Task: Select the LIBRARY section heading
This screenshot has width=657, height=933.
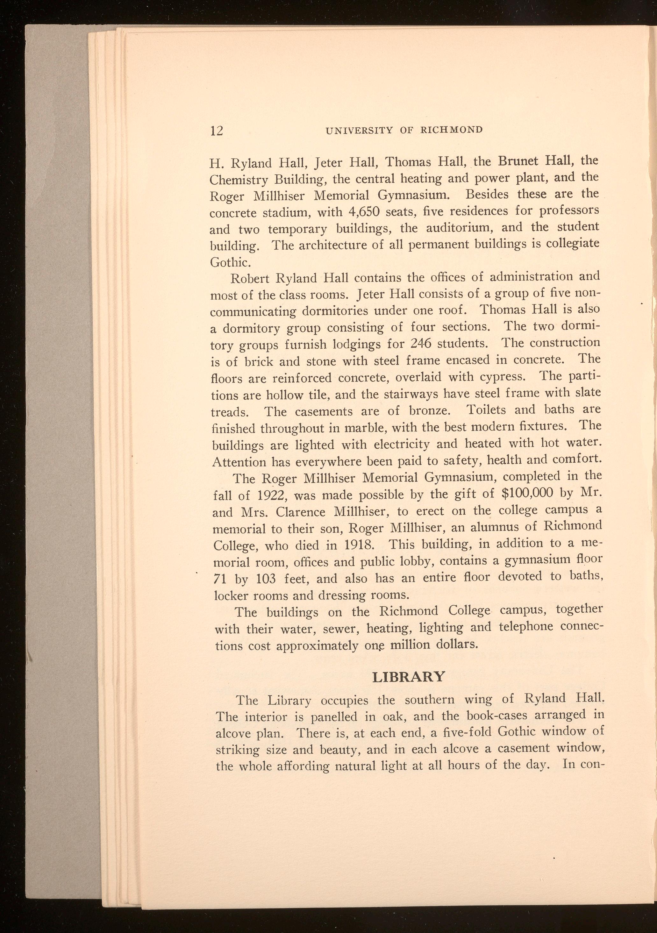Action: point(409,677)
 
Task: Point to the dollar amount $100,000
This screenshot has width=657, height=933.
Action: point(528,493)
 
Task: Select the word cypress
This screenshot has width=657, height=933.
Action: point(502,377)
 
